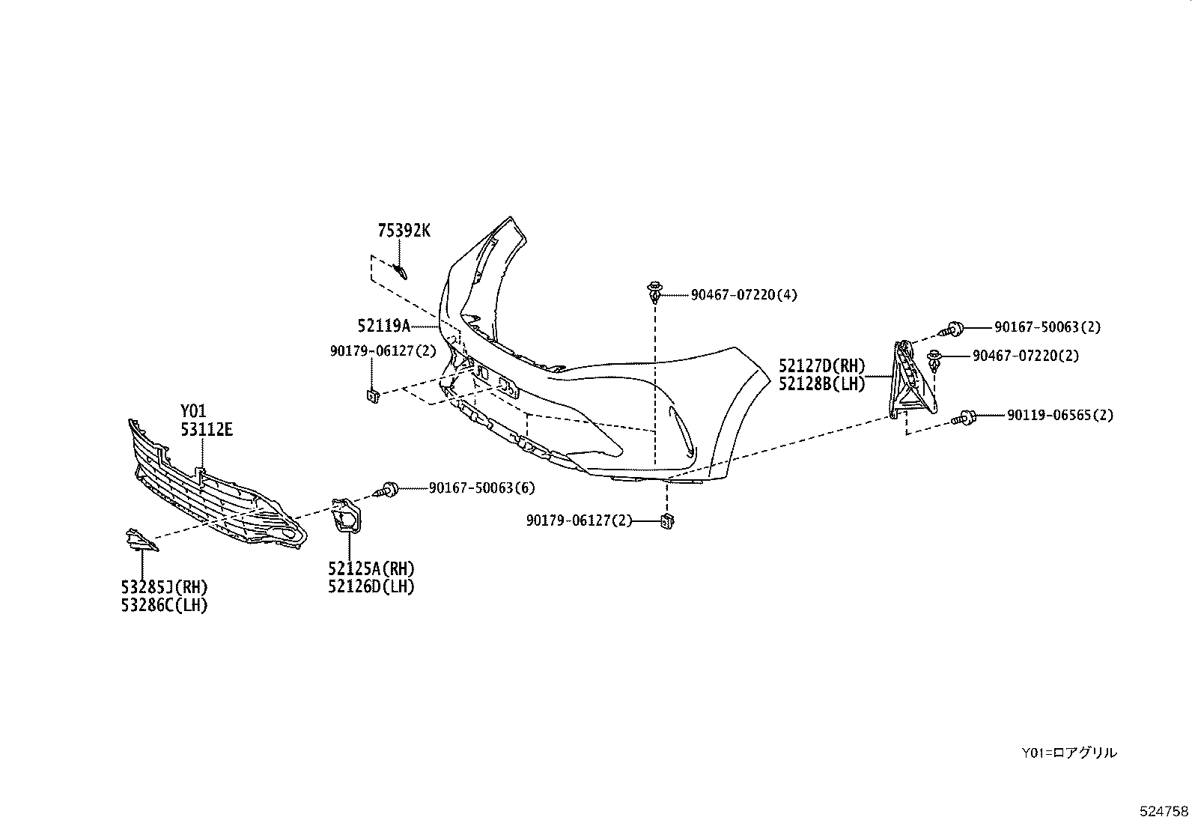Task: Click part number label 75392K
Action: pyautogui.click(x=404, y=231)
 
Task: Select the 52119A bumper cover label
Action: pyautogui.click(x=384, y=326)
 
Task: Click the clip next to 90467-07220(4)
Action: pyautogui.click(x=655, y=291)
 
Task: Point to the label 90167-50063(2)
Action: pyautogui.click(x=1047, y=327)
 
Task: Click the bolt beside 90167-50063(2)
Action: pyautogui.click(x=953, y=327)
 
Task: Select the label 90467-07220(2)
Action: pyautogui.click(x=1025, y=356)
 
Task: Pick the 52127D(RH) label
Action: pyautogui.click(x=821, y=366)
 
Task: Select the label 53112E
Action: pyautogui.click(x=206, y=429)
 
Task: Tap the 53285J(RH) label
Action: pyautogui.click(x=164, y=586)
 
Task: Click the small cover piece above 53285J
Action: pyautogui.click(x=139, y=541)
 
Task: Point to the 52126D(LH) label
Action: pyautogui.click(x=371, y=586)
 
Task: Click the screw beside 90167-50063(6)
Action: pyautogui.click(x=389, y=489)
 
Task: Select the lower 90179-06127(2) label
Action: pyautogui.click(x=579, y=520)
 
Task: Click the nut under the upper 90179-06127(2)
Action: pyautogui.click(x=371, y=395)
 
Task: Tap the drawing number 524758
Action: pyautogui.click(x=1163, y=810)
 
